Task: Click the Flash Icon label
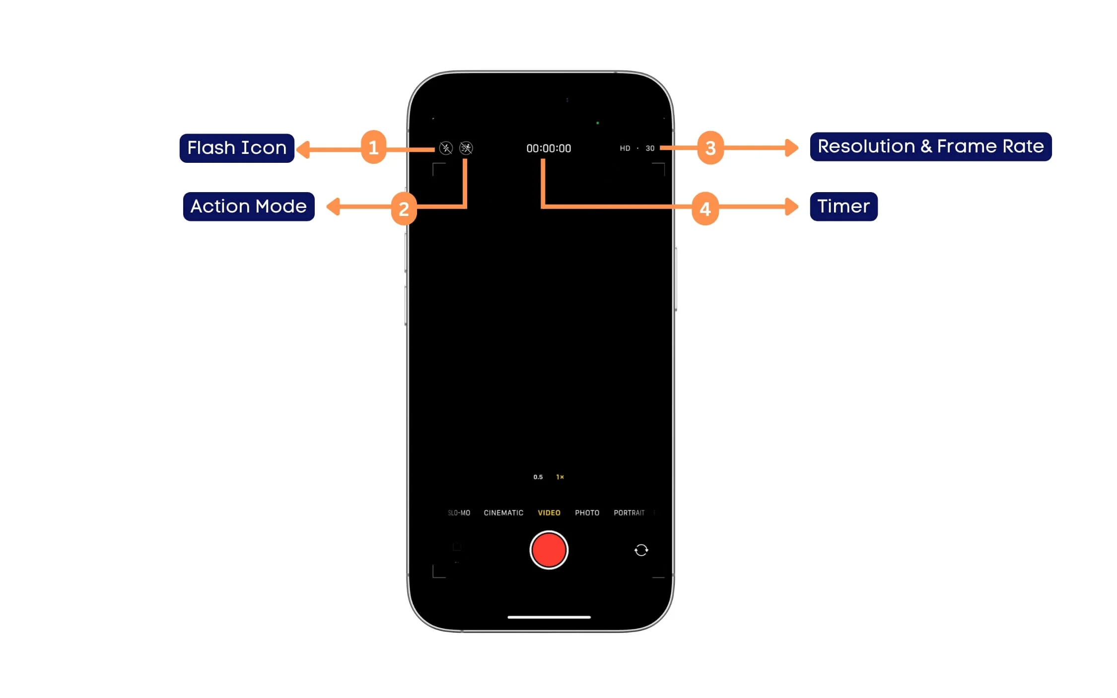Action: pyautogui.click(x=237, y=148)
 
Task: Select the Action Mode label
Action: pyautogui.click(x=249, y=207)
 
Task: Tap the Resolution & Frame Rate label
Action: pyautogui.click(x=930, y=146)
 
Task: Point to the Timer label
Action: pyautogui.click(x=843, y=207)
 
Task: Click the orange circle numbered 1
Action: pyautogui.click(x=373, y=147)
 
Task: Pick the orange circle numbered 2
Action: pyautogui.click(x=404, y=209)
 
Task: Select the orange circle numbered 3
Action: pyautogui.click(x=710, y=147)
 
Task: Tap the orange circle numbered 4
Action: pyautogui.click(x=705, y=209)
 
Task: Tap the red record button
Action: pyautogui.click(x=549, y=550)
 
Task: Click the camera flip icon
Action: pyautogui.click(x=641, y=550)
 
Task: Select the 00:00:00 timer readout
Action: pyautogui.click(x=549, y=148)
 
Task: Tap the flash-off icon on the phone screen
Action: pyautogui.click(x=446, y=148)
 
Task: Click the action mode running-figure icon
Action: pyautogui.click(x=466, y=148)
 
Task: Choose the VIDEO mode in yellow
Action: pyautogui.click(x=549, y=513)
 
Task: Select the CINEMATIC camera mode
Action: pyautogui.click(x=503, y=513)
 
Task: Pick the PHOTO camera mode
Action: pyautogui.click(x=587, y=513)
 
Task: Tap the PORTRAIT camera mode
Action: pyautogui.click(x=629, y=513)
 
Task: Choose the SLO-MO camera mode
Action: pyautogui.click(x=459, y=513)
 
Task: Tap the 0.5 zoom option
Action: pyautogui.click(x=538, y=477)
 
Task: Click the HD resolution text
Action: pyautogui.click(x=625, y=148)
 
